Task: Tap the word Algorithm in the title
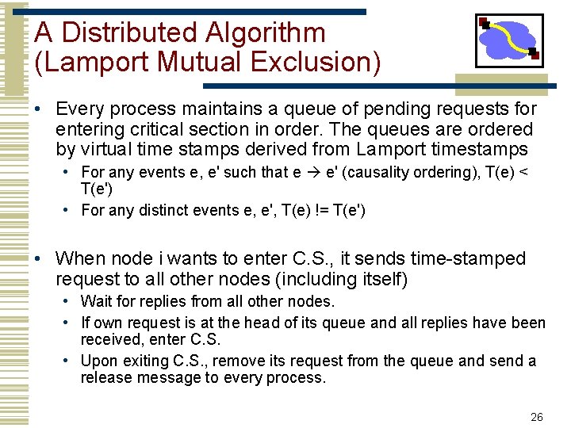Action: (x=264, y=32)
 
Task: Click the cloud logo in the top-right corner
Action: (x=508, y=40)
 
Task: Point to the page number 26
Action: (x=536, y=417)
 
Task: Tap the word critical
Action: (x=159, y=129)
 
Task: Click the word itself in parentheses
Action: (x=381, y=279)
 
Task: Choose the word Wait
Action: (x=97, y=301)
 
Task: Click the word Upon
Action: (x=100, y=361)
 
